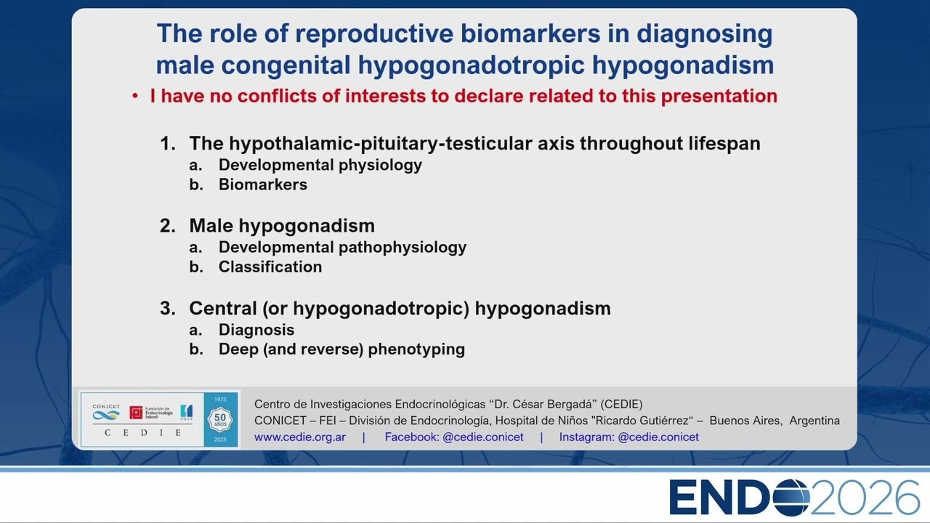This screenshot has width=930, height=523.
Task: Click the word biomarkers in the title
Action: (530, 33)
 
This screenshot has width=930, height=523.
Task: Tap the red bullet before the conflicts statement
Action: (135, 97)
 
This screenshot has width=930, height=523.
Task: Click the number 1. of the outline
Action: (168, 144)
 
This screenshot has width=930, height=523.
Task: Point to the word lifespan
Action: (724, 144)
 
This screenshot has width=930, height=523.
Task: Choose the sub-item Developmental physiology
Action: (320, 165)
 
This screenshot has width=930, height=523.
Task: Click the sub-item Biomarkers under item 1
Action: (263, 185)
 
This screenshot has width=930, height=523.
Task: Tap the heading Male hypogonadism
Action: (282, 226)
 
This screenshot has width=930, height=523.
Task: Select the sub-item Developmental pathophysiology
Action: (342, 248)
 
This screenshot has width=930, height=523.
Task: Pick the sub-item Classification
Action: (270, 267)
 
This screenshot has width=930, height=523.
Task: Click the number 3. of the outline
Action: (168, 309)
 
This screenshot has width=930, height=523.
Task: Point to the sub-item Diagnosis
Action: (256, 330)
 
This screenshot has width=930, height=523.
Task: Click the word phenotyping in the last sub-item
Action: (416, 349)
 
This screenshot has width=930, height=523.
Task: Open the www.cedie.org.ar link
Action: (300, 437)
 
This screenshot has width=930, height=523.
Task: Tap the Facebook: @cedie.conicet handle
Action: (454, 437)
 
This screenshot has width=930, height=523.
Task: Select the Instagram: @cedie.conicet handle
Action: (628, 437)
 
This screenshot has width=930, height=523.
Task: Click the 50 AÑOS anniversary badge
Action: (220, 419)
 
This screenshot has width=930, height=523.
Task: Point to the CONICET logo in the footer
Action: (106, 412)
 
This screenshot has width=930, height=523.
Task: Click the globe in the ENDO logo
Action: (791, 498)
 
